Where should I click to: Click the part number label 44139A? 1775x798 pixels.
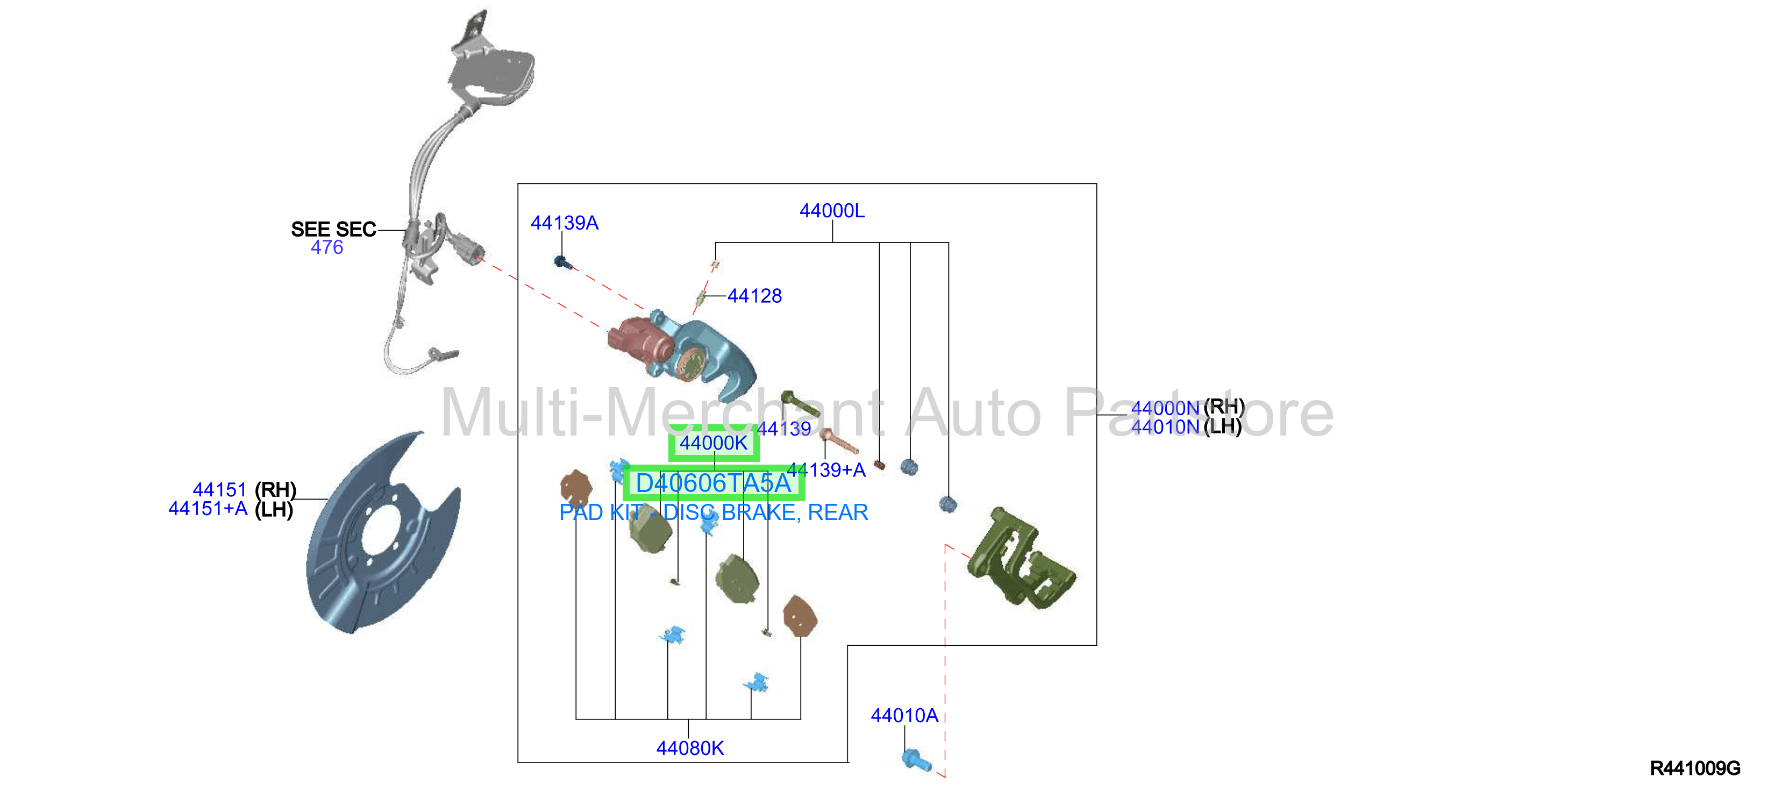tap(565, 223)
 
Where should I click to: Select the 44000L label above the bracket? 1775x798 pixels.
tap(832, 211)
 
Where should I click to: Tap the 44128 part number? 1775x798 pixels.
tap(754, 296)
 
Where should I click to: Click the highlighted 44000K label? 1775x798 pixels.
tap(714, 443)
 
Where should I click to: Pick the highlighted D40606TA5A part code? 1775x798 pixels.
tap(713, 483)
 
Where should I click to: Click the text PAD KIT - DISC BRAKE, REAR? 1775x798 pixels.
tap(713, 512)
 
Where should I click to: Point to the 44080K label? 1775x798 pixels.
tap(690, 749)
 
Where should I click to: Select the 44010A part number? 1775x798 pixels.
tap(904, 715)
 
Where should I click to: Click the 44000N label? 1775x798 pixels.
tap(1165, 408)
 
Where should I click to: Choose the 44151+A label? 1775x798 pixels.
tap(208, 509)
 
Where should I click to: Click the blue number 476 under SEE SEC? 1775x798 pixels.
tap(326, 247)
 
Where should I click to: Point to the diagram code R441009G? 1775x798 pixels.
tap(1694, 768)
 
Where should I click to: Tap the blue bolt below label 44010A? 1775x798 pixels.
tap(916, 760)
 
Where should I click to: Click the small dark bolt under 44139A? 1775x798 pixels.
tap(561, 262)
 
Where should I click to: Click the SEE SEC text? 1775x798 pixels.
tap(333, 230)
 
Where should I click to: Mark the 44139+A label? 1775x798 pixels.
tap(825, 470)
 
